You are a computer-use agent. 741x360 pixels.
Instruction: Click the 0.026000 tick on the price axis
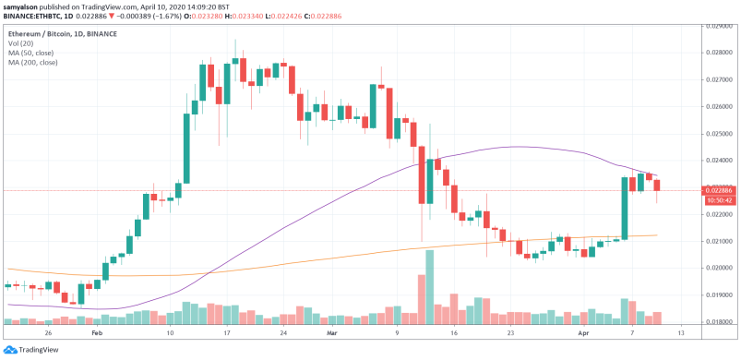[719, 106]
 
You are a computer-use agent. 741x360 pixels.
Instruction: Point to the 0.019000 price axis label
[719, 294]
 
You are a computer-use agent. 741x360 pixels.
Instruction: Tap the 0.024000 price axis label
[719, 160]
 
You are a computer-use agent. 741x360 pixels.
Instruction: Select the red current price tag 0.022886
[719, 191]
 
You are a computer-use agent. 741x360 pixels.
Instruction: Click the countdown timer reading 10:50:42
[719, 200]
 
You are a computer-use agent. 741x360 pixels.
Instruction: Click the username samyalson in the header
[23, 6]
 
